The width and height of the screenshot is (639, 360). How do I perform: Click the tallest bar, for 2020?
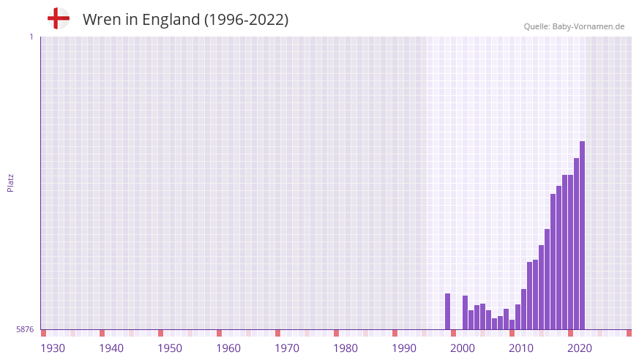point(582,236)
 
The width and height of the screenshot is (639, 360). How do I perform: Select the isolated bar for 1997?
point(447,312)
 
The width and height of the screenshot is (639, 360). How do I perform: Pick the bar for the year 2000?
point(465,312)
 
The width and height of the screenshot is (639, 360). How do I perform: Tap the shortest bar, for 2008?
point(512,325)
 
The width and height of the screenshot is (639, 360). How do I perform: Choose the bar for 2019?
point(576,244)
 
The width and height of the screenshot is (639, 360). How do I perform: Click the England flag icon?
point(59,19)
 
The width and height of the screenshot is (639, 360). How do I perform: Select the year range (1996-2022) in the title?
point(247,20)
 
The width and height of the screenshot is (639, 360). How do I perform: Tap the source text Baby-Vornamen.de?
point(588,26)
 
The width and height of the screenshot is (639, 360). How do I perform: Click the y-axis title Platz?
point(10,183)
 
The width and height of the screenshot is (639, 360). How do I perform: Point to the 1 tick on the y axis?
point(31,37)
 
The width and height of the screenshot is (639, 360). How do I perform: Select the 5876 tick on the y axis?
point(25,330)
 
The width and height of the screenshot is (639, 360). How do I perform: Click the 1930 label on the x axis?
point(53,348)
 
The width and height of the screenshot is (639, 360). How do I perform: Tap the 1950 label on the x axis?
point(170,348)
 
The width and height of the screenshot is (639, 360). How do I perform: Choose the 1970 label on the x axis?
point(287,348)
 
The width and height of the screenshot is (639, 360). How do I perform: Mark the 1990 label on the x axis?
point(404,348)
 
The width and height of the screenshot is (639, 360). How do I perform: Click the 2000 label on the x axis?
point(463,348)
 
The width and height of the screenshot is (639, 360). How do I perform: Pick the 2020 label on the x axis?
point(580,348)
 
